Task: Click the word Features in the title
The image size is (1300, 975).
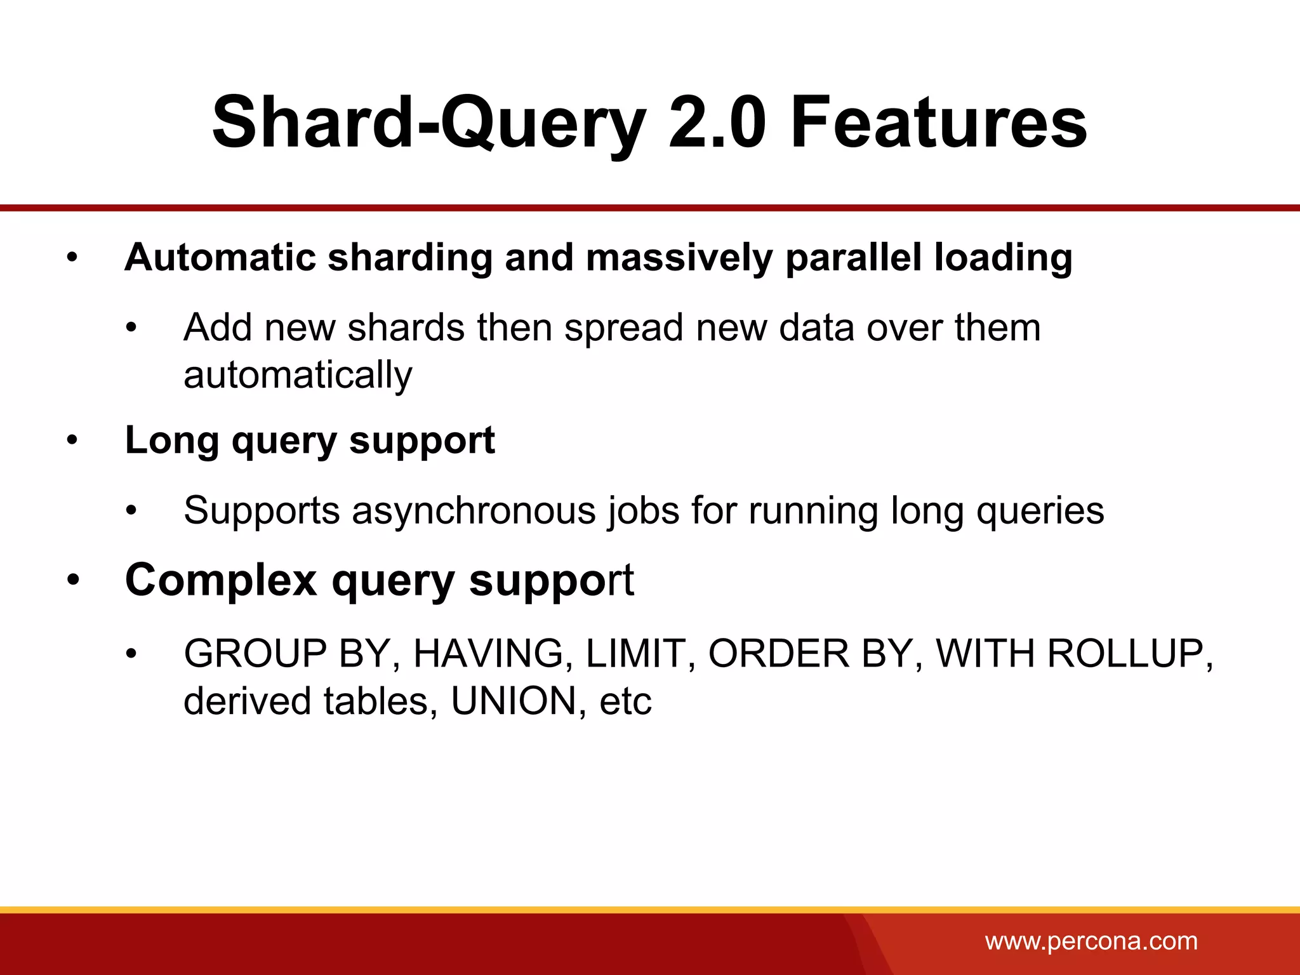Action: (938, 122)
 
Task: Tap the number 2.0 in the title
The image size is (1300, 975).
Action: (717, 122)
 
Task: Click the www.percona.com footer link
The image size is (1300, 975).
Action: (1091, 940)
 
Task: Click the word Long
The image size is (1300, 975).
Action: (172, 441)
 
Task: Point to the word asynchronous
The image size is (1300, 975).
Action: (474, 511)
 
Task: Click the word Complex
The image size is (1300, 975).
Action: (221, 580)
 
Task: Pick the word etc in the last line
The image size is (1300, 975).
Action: (625, 701)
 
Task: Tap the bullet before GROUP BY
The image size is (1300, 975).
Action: (131, 654)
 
